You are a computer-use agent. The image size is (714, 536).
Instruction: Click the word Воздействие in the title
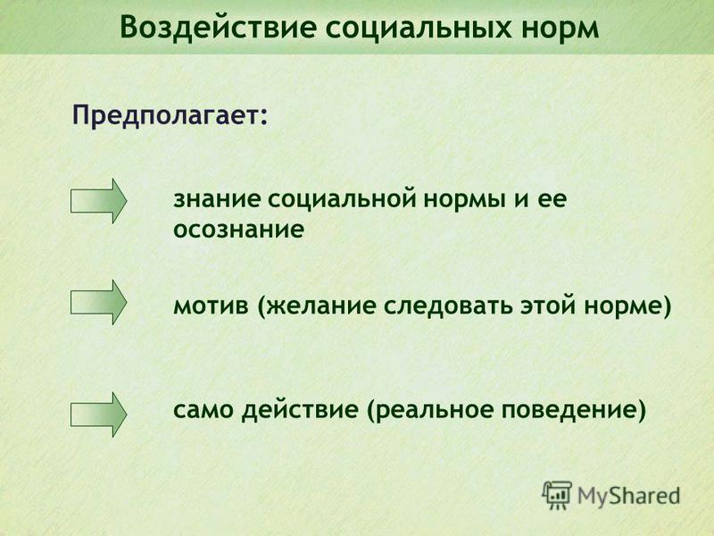(x=219, y=28)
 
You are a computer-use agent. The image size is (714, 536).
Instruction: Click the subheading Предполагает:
(x=170, y=115)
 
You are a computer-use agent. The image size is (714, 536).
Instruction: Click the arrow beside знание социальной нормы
(x=98, y=200)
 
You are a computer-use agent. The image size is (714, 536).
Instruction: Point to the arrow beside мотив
(x=98, y=302)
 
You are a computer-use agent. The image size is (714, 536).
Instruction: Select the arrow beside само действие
(x=98, y=415)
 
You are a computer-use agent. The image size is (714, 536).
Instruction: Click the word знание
(x=217, y=199)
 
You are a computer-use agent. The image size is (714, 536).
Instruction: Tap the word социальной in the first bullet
(x=342, y=199)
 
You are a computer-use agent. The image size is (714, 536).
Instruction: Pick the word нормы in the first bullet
(x=465, y=200)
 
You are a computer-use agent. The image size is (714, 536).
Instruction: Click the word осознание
(x=238, y=230)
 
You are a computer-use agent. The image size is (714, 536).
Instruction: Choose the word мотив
(x=212, y=306)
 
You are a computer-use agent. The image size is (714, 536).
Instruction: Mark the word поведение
(x=569, y=410)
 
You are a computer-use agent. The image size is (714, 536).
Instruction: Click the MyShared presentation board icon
(x=557, y=496)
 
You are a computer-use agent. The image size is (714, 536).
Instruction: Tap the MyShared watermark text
(x=629, y=497)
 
